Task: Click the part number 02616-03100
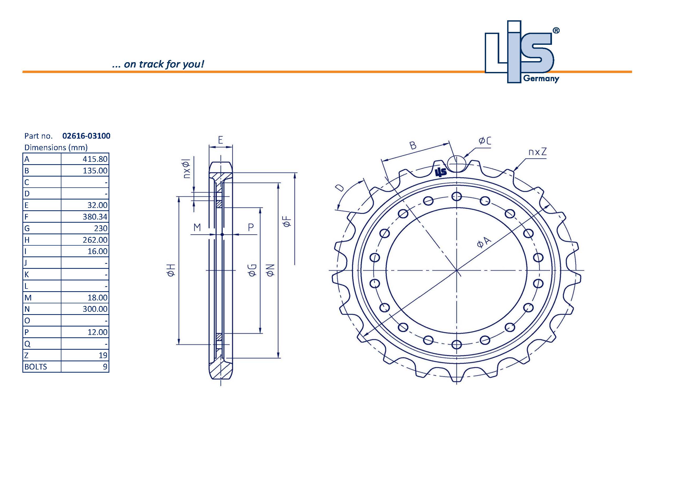pos(86,136)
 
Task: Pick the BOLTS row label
pos(36,367)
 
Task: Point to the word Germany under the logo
pos(541,79)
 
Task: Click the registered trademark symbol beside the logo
pos(556,31)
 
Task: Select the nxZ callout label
pos(537,152)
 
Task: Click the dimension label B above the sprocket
pos(413,145)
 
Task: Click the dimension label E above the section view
pos(221,140)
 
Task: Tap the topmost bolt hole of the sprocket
pos(456,196)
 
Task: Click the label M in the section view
pos(197,227)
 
